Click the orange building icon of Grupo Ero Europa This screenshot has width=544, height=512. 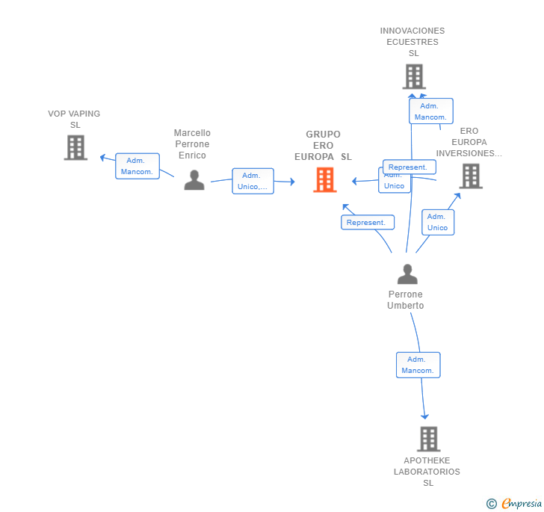(x=324, y=180)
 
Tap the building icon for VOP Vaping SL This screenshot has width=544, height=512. (x=75, y=148)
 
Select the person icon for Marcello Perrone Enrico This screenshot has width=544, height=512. (x=194, y=180)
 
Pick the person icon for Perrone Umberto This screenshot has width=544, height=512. (x=407, y=274)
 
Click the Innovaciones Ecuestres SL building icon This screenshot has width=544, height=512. (x=413, y=76)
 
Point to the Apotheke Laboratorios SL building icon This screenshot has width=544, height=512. (x=428, y=439)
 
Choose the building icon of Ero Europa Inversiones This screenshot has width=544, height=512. (x=470, y=176)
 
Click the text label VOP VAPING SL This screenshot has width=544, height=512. (x=74, y=120)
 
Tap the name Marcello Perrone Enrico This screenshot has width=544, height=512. (x=192, y=144)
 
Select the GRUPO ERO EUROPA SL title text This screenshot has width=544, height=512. (x=323, y=146)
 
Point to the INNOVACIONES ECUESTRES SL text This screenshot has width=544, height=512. (x=412, y=42)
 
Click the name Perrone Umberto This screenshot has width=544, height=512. (x=406, y=300)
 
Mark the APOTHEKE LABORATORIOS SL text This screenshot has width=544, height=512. (x=427, y=472)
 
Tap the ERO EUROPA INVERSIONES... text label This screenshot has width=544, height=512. (x=469, y=142)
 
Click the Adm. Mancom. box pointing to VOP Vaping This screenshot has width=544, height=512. (x=137, y=166)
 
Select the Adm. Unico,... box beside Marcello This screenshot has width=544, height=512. (x=253, y=181)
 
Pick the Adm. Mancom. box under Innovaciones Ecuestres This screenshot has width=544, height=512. (x=430, y=111)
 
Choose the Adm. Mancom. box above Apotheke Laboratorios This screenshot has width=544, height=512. (x=418, y=365)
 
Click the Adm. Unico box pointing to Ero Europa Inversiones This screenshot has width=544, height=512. (x=437, y=222)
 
